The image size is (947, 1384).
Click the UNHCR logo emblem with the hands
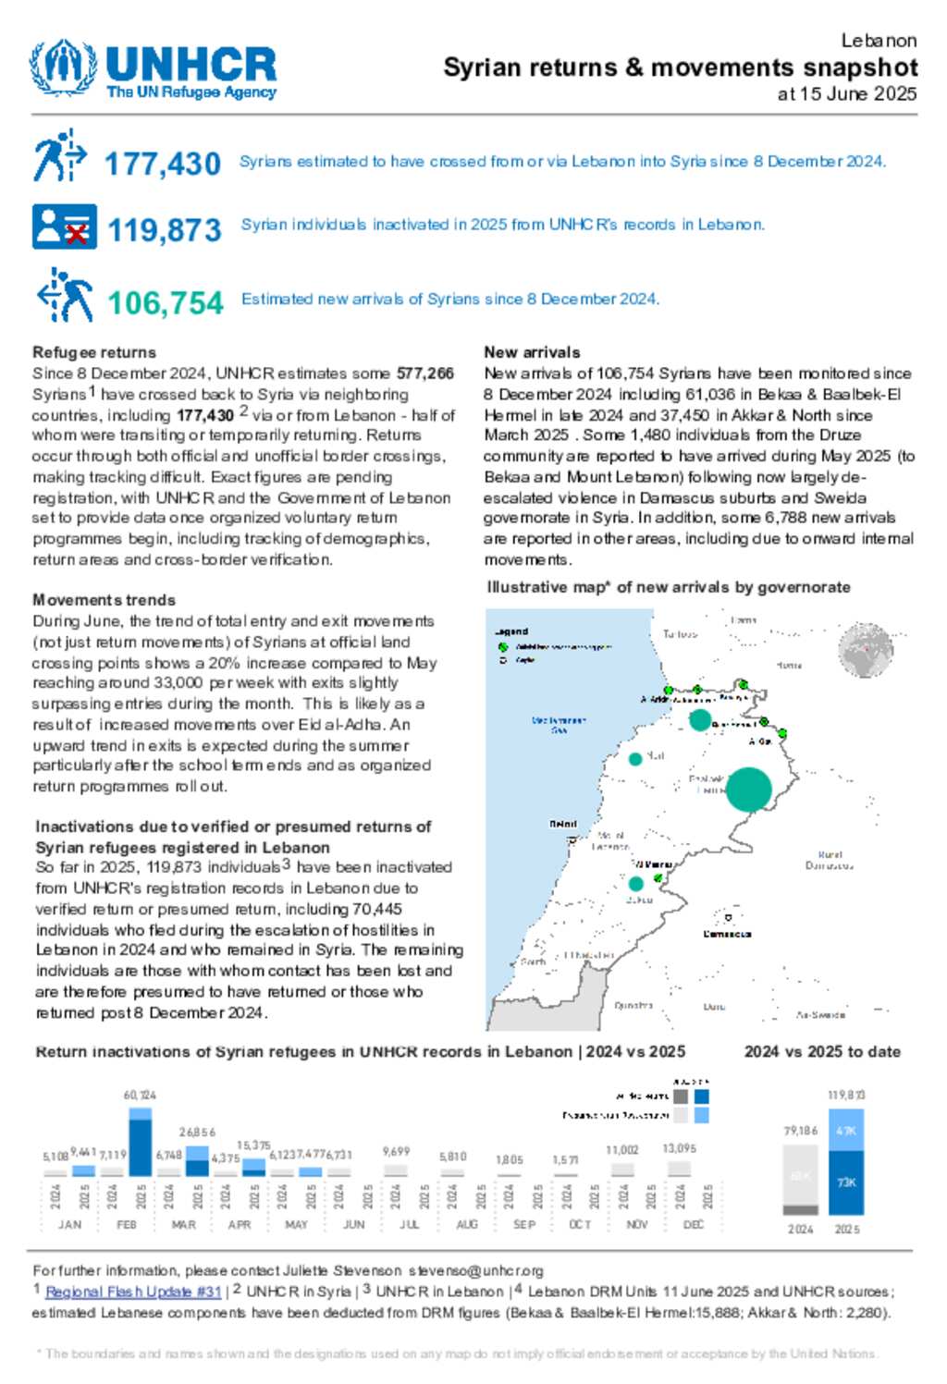click(63, 67)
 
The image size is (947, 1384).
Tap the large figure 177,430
click(163, 165)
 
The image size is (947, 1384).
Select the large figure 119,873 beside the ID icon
click(165, 230)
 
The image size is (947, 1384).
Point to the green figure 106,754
click(166, 303)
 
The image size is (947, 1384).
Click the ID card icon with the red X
click(64, 227)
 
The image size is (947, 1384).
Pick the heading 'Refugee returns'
click(94, 352)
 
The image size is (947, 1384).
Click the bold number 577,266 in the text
click(425, 374)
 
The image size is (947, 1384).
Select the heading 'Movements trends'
click(104, 600)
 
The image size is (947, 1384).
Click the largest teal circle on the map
click(748, 790)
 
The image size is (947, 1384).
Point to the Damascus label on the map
click(727, 934)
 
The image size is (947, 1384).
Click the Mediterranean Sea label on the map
click(559, 724)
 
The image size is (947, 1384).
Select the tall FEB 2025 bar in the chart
click(141, 1145)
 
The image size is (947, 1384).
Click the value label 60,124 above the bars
click(140, 1095)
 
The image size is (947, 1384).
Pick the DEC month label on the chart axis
click(693, 1224)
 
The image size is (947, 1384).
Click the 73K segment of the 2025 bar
click(846, 1182)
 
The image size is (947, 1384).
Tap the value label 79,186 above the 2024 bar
click(801, 1131)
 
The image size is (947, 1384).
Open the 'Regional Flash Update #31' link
click(133, 1292)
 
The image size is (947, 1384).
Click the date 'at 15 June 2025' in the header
click(846, 94)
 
